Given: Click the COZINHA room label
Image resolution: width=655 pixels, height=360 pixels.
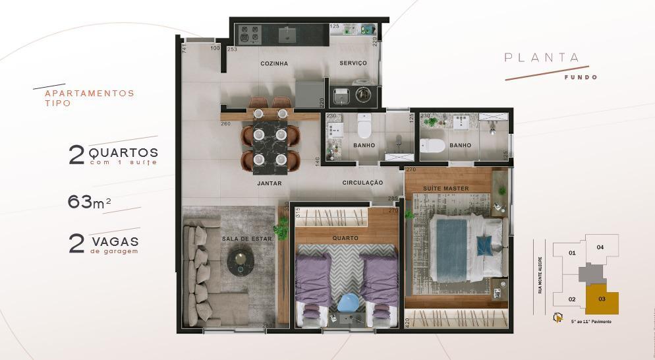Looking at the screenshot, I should [x=273, y=63].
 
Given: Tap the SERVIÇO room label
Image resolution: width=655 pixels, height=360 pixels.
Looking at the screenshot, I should [x=353, y=63].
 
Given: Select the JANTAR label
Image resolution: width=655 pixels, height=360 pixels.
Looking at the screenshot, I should [x=270, y=184].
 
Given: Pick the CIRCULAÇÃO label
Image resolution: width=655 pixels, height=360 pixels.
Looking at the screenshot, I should [x=362, y=183].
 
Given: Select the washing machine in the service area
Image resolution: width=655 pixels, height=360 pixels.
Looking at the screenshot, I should [x=363, y=94].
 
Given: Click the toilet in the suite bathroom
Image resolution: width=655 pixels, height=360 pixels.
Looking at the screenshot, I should [x=432, y=145].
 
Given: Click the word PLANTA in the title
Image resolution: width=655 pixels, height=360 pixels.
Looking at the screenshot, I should [x=541, y=57].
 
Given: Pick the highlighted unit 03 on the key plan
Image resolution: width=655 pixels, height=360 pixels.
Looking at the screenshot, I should [x=603, y=299].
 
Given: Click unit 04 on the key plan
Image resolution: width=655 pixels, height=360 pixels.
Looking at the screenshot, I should [x=600, y=247].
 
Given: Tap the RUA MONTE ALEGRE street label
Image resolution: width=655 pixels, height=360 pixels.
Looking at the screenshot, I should [x=540, y=270].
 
